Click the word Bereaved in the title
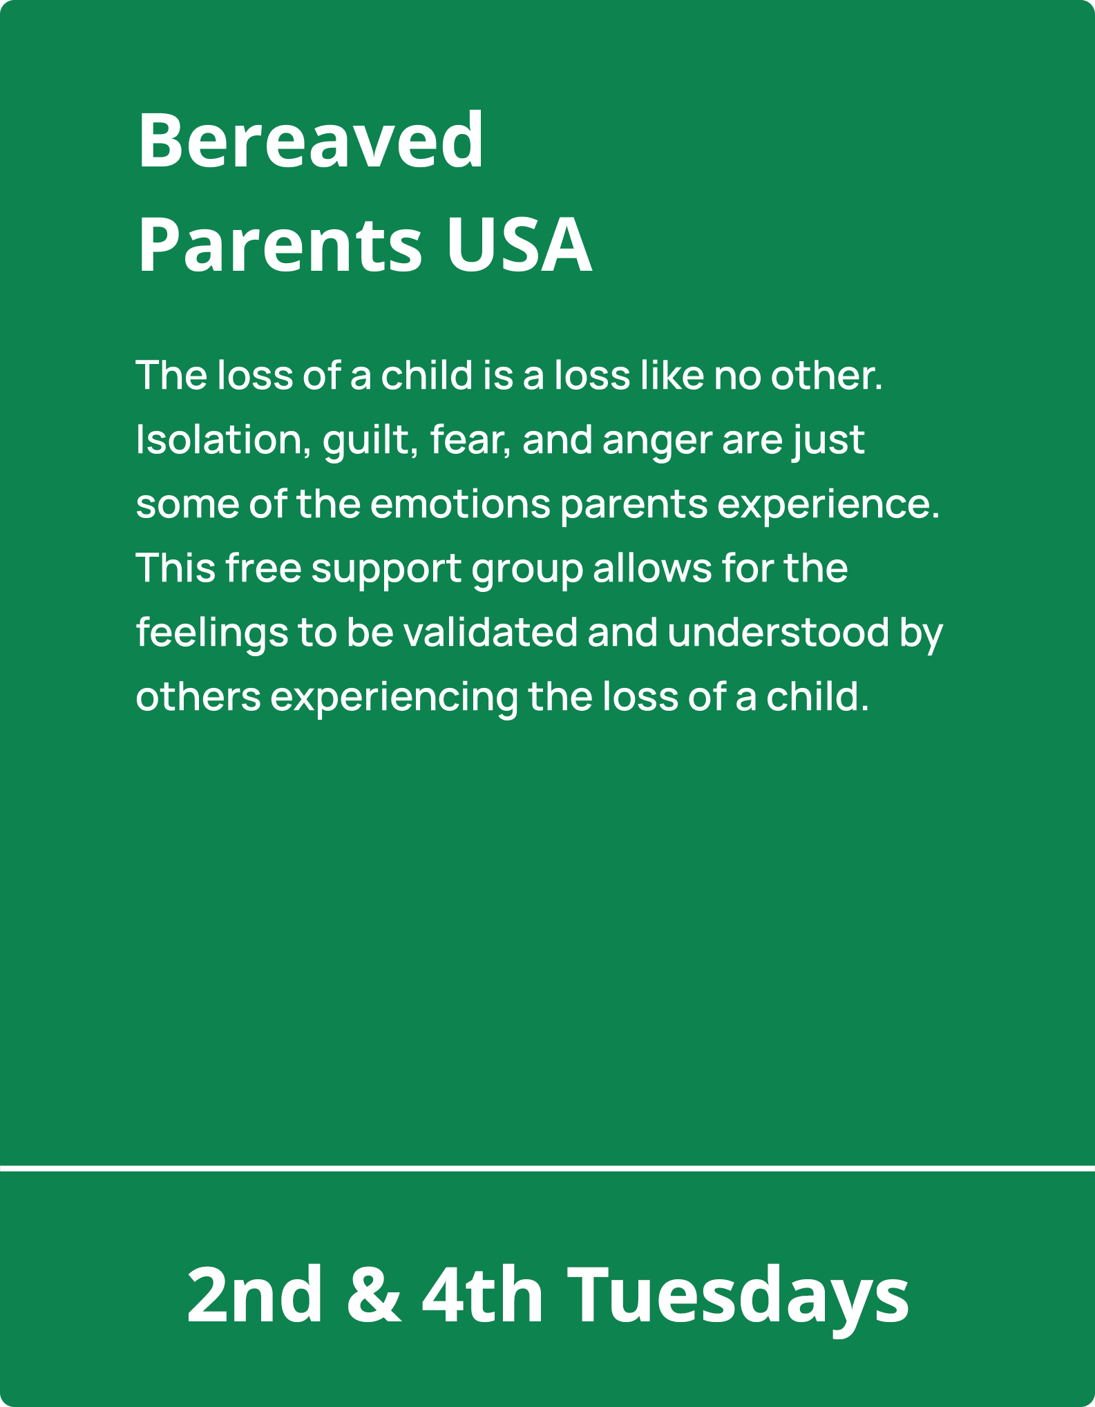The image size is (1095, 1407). [x=311, y=140]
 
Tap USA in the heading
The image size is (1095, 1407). [x=519, y=245]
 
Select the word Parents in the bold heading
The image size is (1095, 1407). [x=280, y=246]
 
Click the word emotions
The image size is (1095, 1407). [x=460, y=504]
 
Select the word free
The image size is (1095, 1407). [x=263, y=568]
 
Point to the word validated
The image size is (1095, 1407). [x=491, y=632]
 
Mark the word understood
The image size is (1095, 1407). [x=779, y=632]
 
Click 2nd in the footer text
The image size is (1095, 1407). [x=254, y=1294]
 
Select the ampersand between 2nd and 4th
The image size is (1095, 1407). [x=374, y=1294]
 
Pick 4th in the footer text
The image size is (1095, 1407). [x=483, y=1294]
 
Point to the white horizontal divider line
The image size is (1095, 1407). [x=547, y=1169]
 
